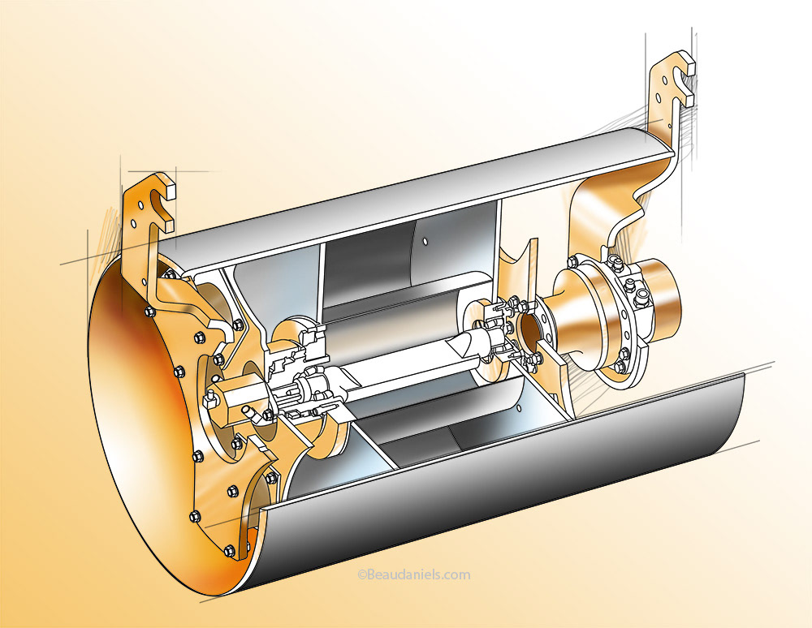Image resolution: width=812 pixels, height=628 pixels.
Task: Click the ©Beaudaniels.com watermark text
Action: (414, 574)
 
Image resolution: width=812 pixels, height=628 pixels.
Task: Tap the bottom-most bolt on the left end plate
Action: (229, 551)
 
